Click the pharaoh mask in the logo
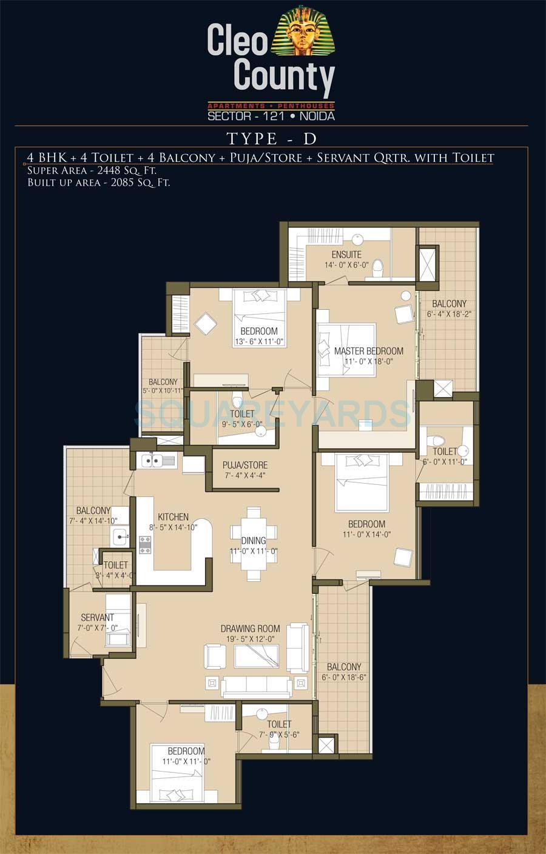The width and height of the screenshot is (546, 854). coord(303,30)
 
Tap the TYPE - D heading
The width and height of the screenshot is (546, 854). coord(272,138)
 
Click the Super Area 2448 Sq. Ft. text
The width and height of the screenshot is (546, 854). coord(92,170)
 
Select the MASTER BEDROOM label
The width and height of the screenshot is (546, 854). coord(369,351)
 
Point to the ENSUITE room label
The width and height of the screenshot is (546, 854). coord(346,255)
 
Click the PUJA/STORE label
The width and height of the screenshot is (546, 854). coord(245,465)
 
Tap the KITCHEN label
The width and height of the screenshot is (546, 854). coord(174,517)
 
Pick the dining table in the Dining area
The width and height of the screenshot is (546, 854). coord(254,544)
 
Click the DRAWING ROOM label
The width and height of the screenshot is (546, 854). coord(251,629)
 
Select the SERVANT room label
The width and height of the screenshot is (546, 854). coord(97,617)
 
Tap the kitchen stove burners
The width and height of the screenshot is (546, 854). coord(145,545)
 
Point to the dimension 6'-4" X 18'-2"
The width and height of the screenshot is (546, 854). coord(449,314)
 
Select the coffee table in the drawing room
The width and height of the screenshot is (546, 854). coord(257,656)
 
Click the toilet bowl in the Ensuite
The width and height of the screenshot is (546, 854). coord(377,269)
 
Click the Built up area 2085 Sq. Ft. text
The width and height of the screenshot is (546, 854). coord(99,182)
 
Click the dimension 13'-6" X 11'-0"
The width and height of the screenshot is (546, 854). coord(259,342)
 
